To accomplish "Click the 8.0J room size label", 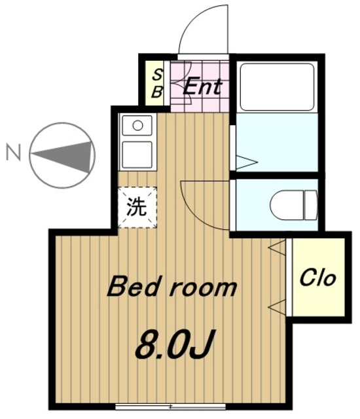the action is coord(175,345).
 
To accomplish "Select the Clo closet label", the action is coord(317,278).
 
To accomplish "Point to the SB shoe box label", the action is coord(157,83).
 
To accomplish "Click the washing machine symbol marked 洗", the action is coord(137,208).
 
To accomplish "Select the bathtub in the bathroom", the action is coord(277,86).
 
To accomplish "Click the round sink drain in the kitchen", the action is coord(137,126).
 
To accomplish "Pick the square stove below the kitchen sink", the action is coord(137,155).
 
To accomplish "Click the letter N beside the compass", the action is coord(14,152).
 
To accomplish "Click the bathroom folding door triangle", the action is coord(247,162).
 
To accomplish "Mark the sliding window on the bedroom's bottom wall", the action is coord(171,407).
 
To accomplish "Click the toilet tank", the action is coord(311,205).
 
